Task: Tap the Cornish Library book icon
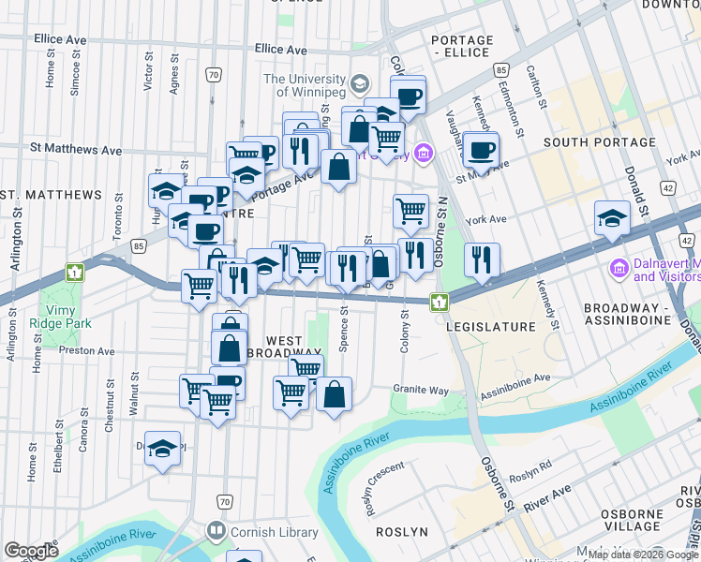click(x=217, y=531)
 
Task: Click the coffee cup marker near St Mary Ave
click(x=482, y=150)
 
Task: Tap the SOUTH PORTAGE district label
click(x=599, y=142)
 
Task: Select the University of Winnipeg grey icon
click(x=358, y=85)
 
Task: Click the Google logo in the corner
click(x=31, y=551)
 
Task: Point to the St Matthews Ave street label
click(x=76, y=149)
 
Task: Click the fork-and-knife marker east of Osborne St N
click(x=482, y=259)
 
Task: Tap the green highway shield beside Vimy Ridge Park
click(x=75, y=273)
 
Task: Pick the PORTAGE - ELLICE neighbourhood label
click(x=461, y=47)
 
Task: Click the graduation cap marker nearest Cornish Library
click(x=163, y=449)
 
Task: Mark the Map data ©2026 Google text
click(x=643, y=555)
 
